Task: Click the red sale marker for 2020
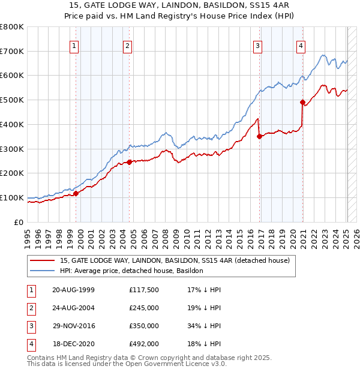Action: click(x=303, y=102)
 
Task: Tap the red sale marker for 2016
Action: click(x=260, y=136)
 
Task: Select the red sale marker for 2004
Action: click(x=130, y=162)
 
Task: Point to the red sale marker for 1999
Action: click(x=76, y=193)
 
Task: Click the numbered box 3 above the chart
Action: click(x=257, y=45)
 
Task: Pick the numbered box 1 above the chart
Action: click(x=74, y=45)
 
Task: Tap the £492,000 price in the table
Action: click(x=144, y=344)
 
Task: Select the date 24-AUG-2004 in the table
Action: click(x=73, y=308)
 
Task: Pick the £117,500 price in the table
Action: click(x=144, y=290)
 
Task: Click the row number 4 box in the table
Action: click(x=30, y=344)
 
